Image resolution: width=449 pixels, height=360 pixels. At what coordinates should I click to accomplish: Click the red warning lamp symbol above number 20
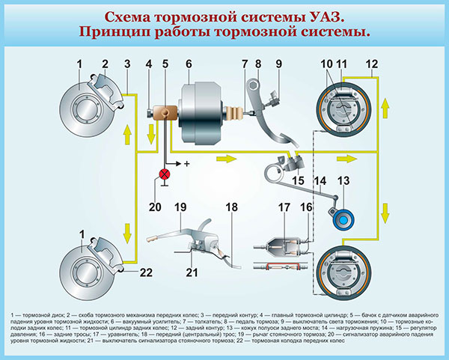pos(162,176)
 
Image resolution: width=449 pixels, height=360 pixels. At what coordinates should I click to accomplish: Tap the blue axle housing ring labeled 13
pos(343,218)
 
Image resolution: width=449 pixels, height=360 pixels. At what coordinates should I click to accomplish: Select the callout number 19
pos(180,207)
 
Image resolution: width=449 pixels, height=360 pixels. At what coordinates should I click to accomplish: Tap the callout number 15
pos(298,180)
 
